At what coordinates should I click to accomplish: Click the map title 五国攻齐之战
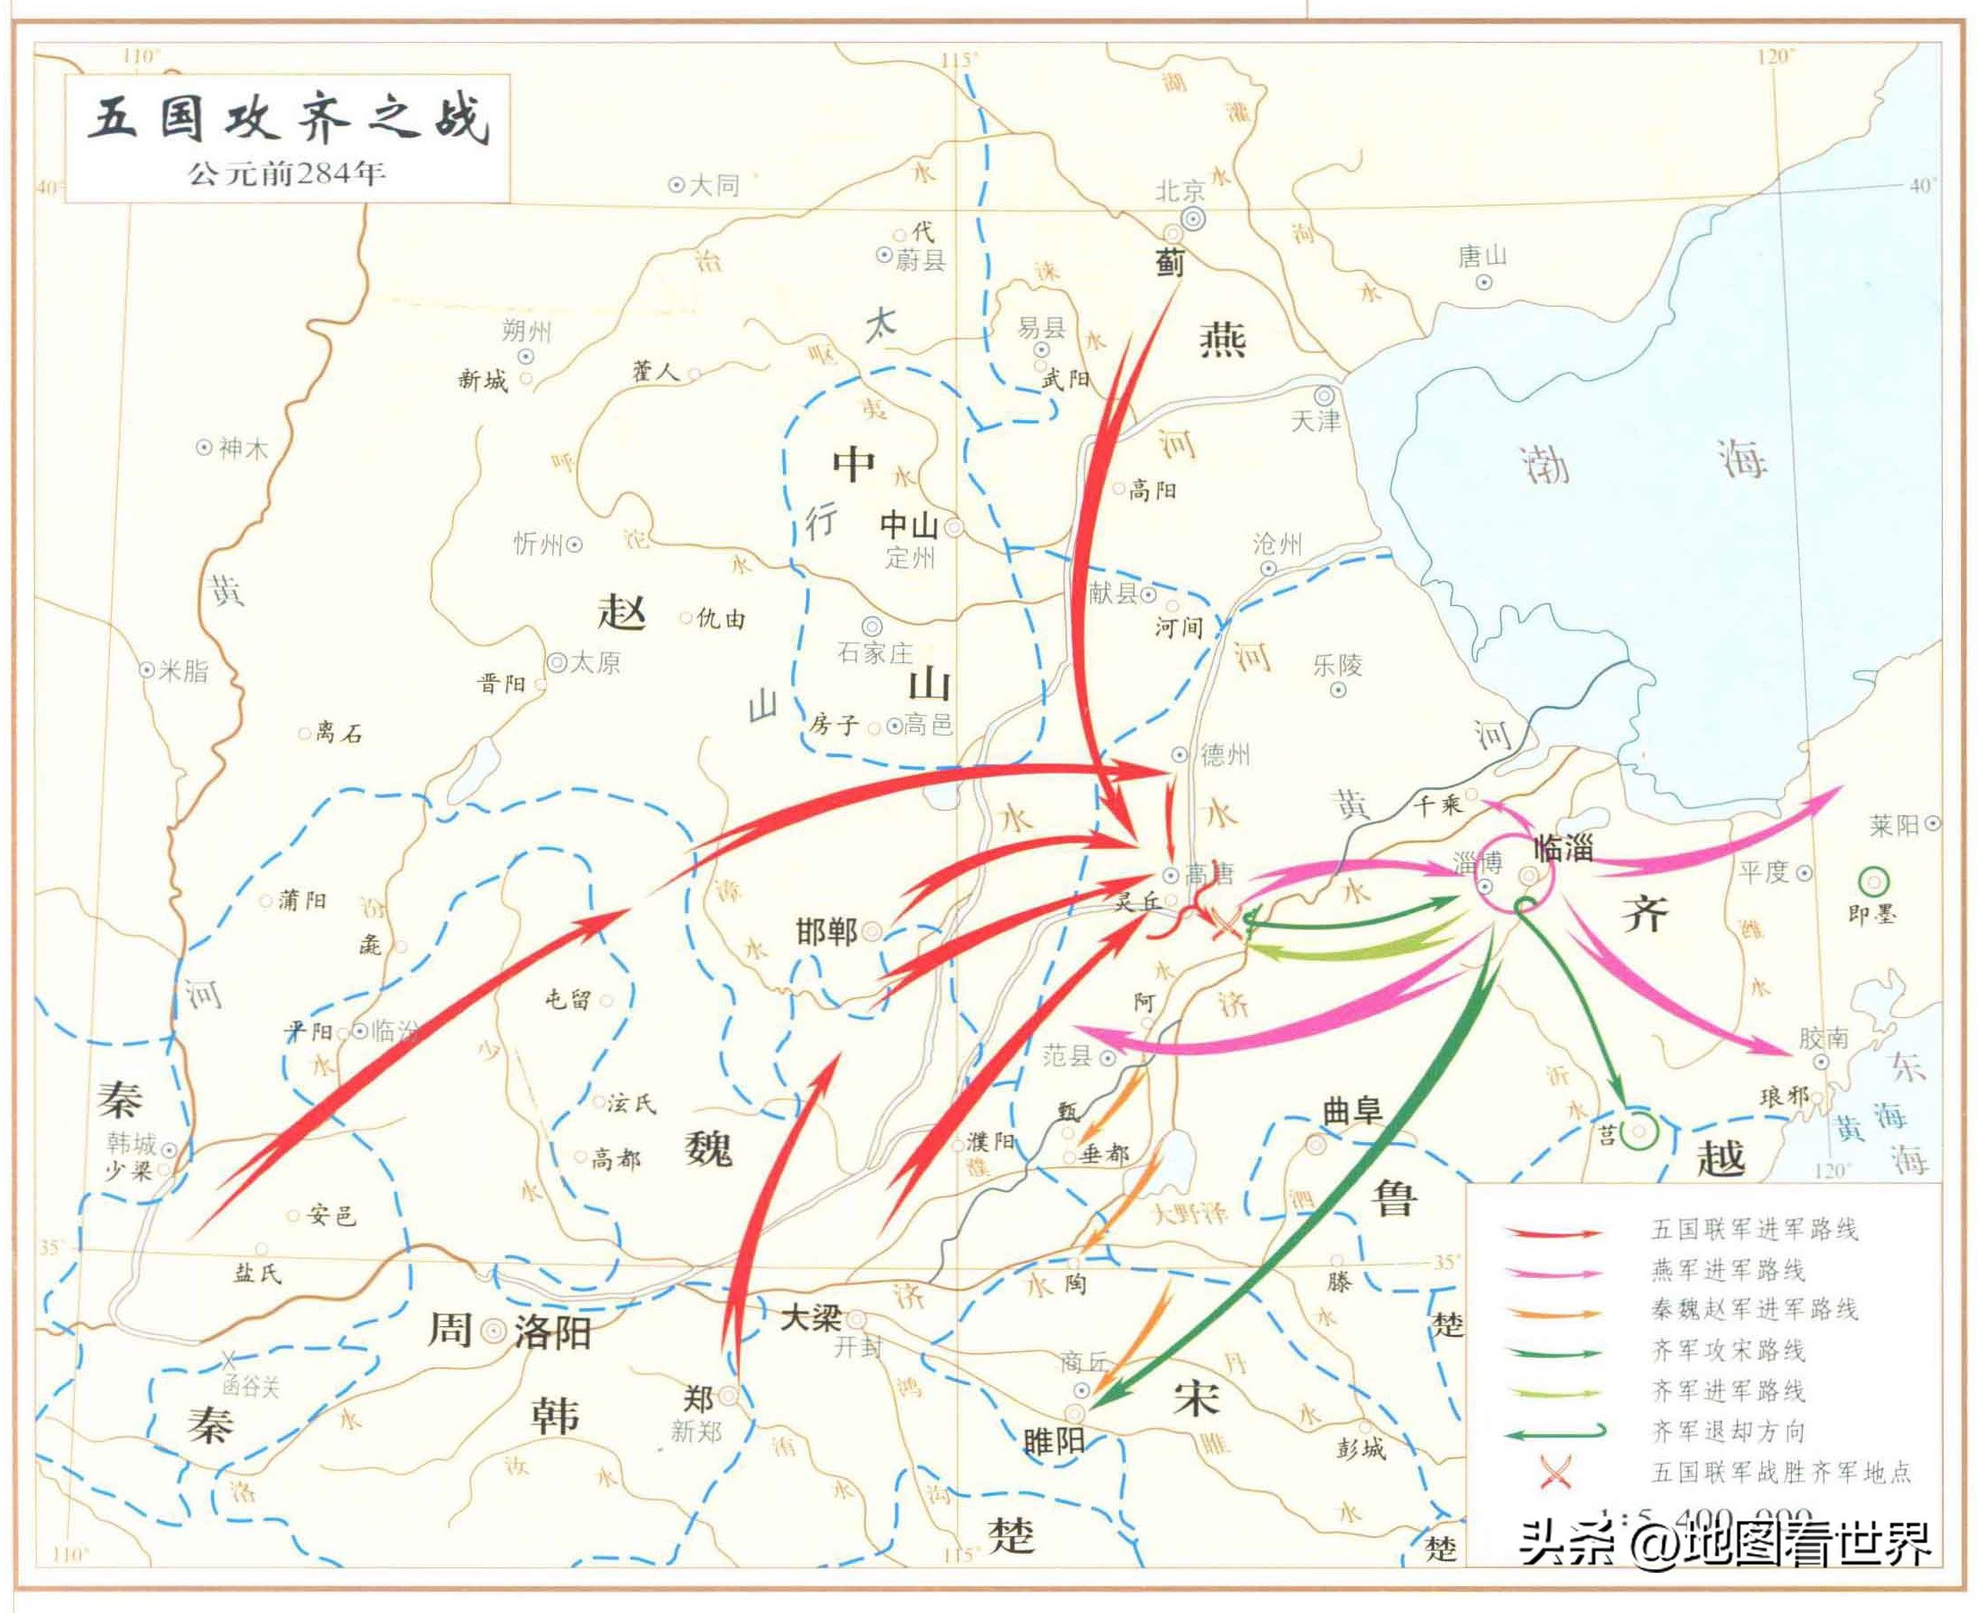[288, 121]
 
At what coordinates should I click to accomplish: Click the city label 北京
[1180, 192]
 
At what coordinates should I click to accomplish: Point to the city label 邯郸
[826, 932]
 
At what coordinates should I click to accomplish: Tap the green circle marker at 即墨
[1873, 881]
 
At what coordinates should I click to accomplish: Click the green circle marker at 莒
[1640, 1130]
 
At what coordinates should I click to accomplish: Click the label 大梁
[810, 1317]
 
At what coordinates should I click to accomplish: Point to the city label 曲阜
[1351, 1110]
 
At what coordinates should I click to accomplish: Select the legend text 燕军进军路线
[1727, 1270]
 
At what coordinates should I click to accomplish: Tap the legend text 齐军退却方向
[1727, 1432]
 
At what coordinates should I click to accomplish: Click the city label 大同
[713, 186]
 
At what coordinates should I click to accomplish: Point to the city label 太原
[594, 662]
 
